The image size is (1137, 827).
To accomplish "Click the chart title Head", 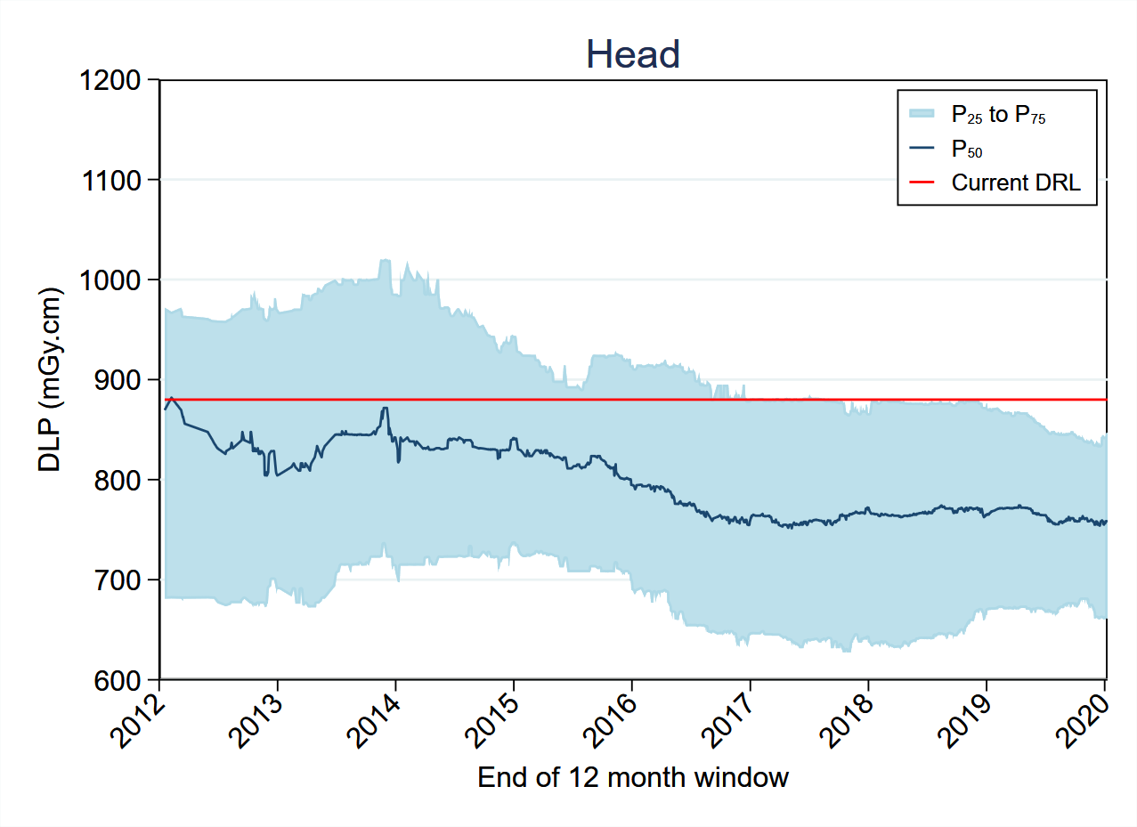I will [x=633, y=55].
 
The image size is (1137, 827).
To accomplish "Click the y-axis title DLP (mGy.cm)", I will [x=50, y=380].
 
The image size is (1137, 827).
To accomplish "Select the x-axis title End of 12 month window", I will [x=633, y=777].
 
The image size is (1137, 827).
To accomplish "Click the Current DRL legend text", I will [x=1016, y=182].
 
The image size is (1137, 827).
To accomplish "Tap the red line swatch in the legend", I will [x=922, y=182].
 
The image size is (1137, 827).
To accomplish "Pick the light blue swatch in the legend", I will [x=922, y=113].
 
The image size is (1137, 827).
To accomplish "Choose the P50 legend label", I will [x=967, y=149].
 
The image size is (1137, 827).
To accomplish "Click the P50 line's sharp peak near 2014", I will [x=385, y=409].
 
